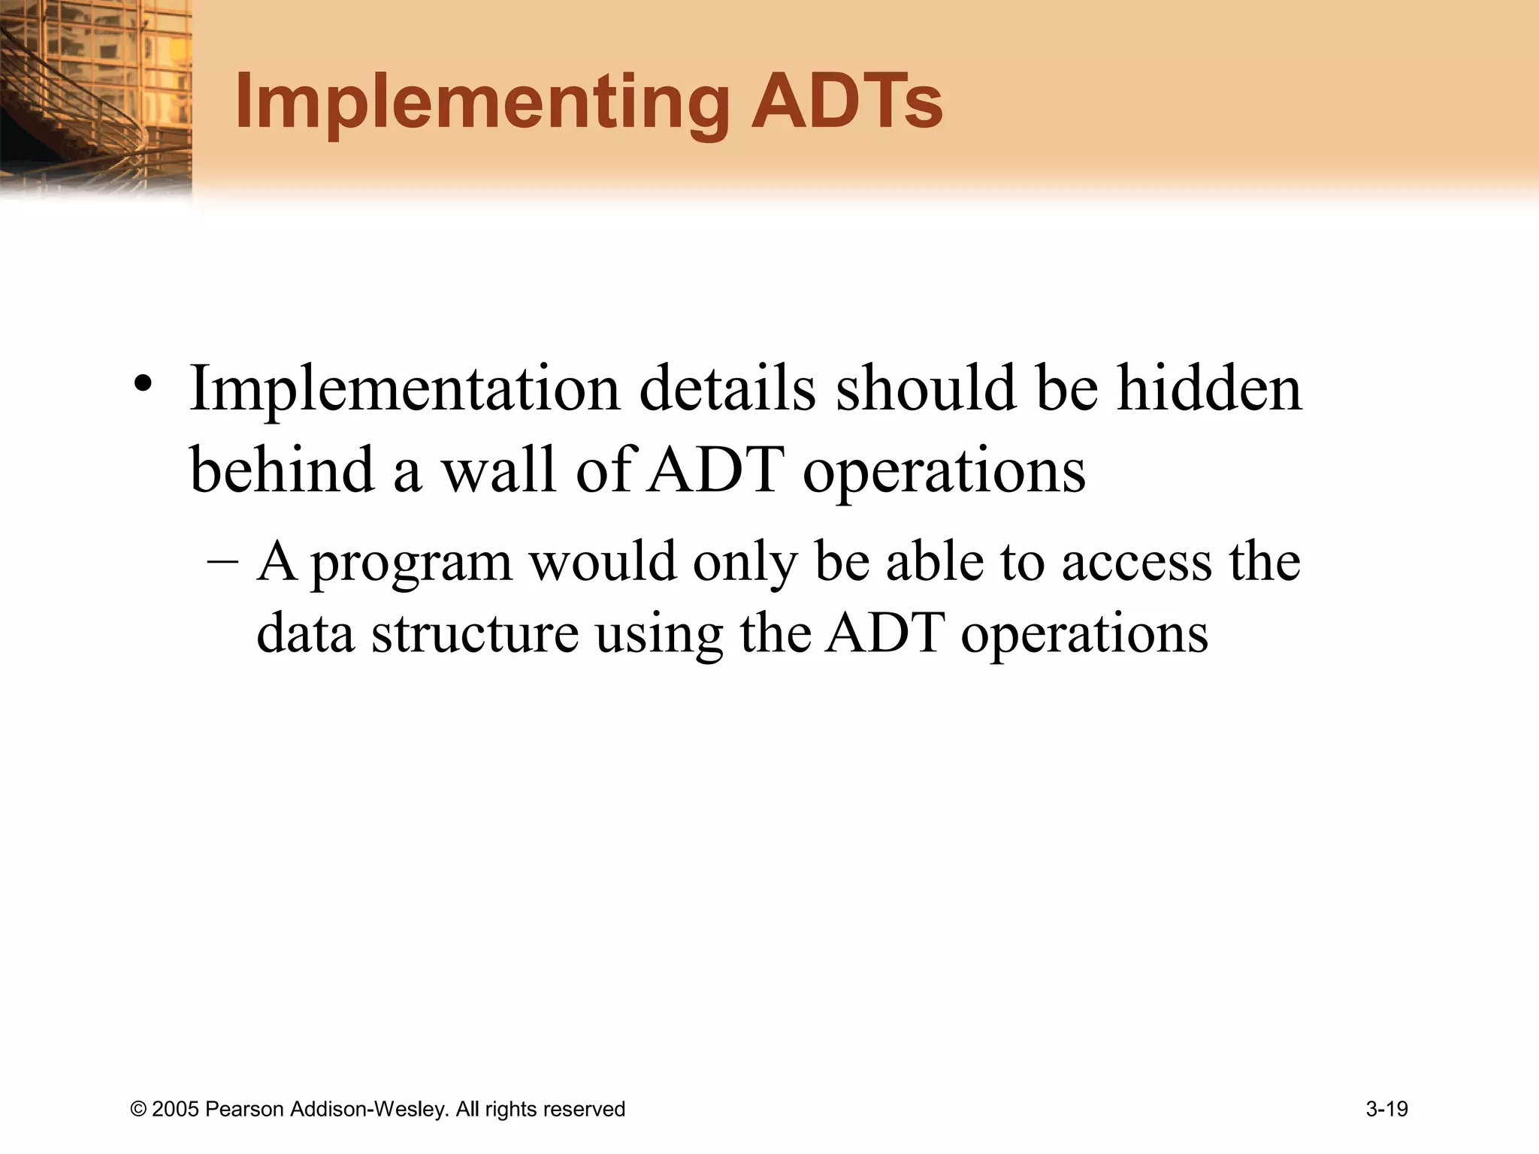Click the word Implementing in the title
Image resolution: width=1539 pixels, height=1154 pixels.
[481, 104]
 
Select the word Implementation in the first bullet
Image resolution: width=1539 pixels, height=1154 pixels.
[404, 389]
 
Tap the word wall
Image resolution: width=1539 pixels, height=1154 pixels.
[498, 470]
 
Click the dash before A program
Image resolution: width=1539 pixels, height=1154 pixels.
[222, 562]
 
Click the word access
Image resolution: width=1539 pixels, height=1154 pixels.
[1136, 562]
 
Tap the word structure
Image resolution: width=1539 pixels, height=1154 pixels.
[475, 633]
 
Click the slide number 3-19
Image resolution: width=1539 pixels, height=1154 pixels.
[1386, 1109]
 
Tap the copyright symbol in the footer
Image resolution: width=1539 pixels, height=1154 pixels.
[138, 1110]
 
